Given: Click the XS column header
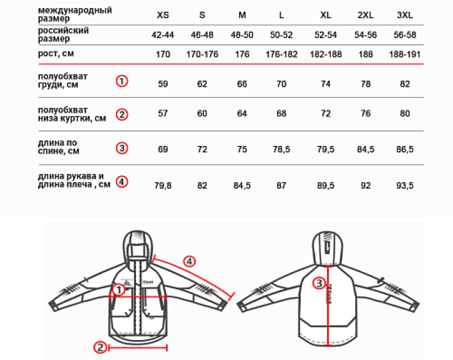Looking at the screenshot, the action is point(163,15).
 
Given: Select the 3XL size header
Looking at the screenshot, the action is point(405,15).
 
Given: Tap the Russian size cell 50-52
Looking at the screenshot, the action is point(281,35).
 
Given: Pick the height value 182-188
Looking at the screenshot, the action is point(326,55).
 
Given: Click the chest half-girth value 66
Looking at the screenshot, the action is point(242,84).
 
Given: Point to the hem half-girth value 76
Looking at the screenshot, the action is point(366,113).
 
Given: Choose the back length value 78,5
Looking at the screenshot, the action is point(281,149).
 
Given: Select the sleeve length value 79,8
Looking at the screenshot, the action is point(163,185).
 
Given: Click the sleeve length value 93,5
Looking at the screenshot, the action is point(405,185).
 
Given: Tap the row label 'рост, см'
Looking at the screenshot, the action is point(56,53).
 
